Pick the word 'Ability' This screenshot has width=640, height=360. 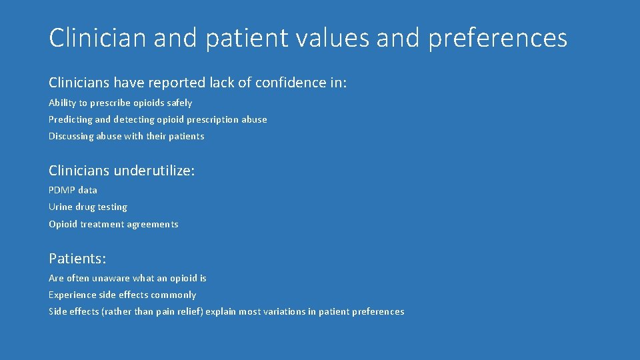[62, 103]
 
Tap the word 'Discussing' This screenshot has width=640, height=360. [71, 136]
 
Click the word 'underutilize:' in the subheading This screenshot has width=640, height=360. [154, 171]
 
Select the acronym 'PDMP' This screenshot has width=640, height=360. [62, 190]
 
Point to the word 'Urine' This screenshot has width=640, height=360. [61, 207]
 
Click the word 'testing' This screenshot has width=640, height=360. [112, 207]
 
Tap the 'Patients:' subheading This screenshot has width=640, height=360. [77, 258]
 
